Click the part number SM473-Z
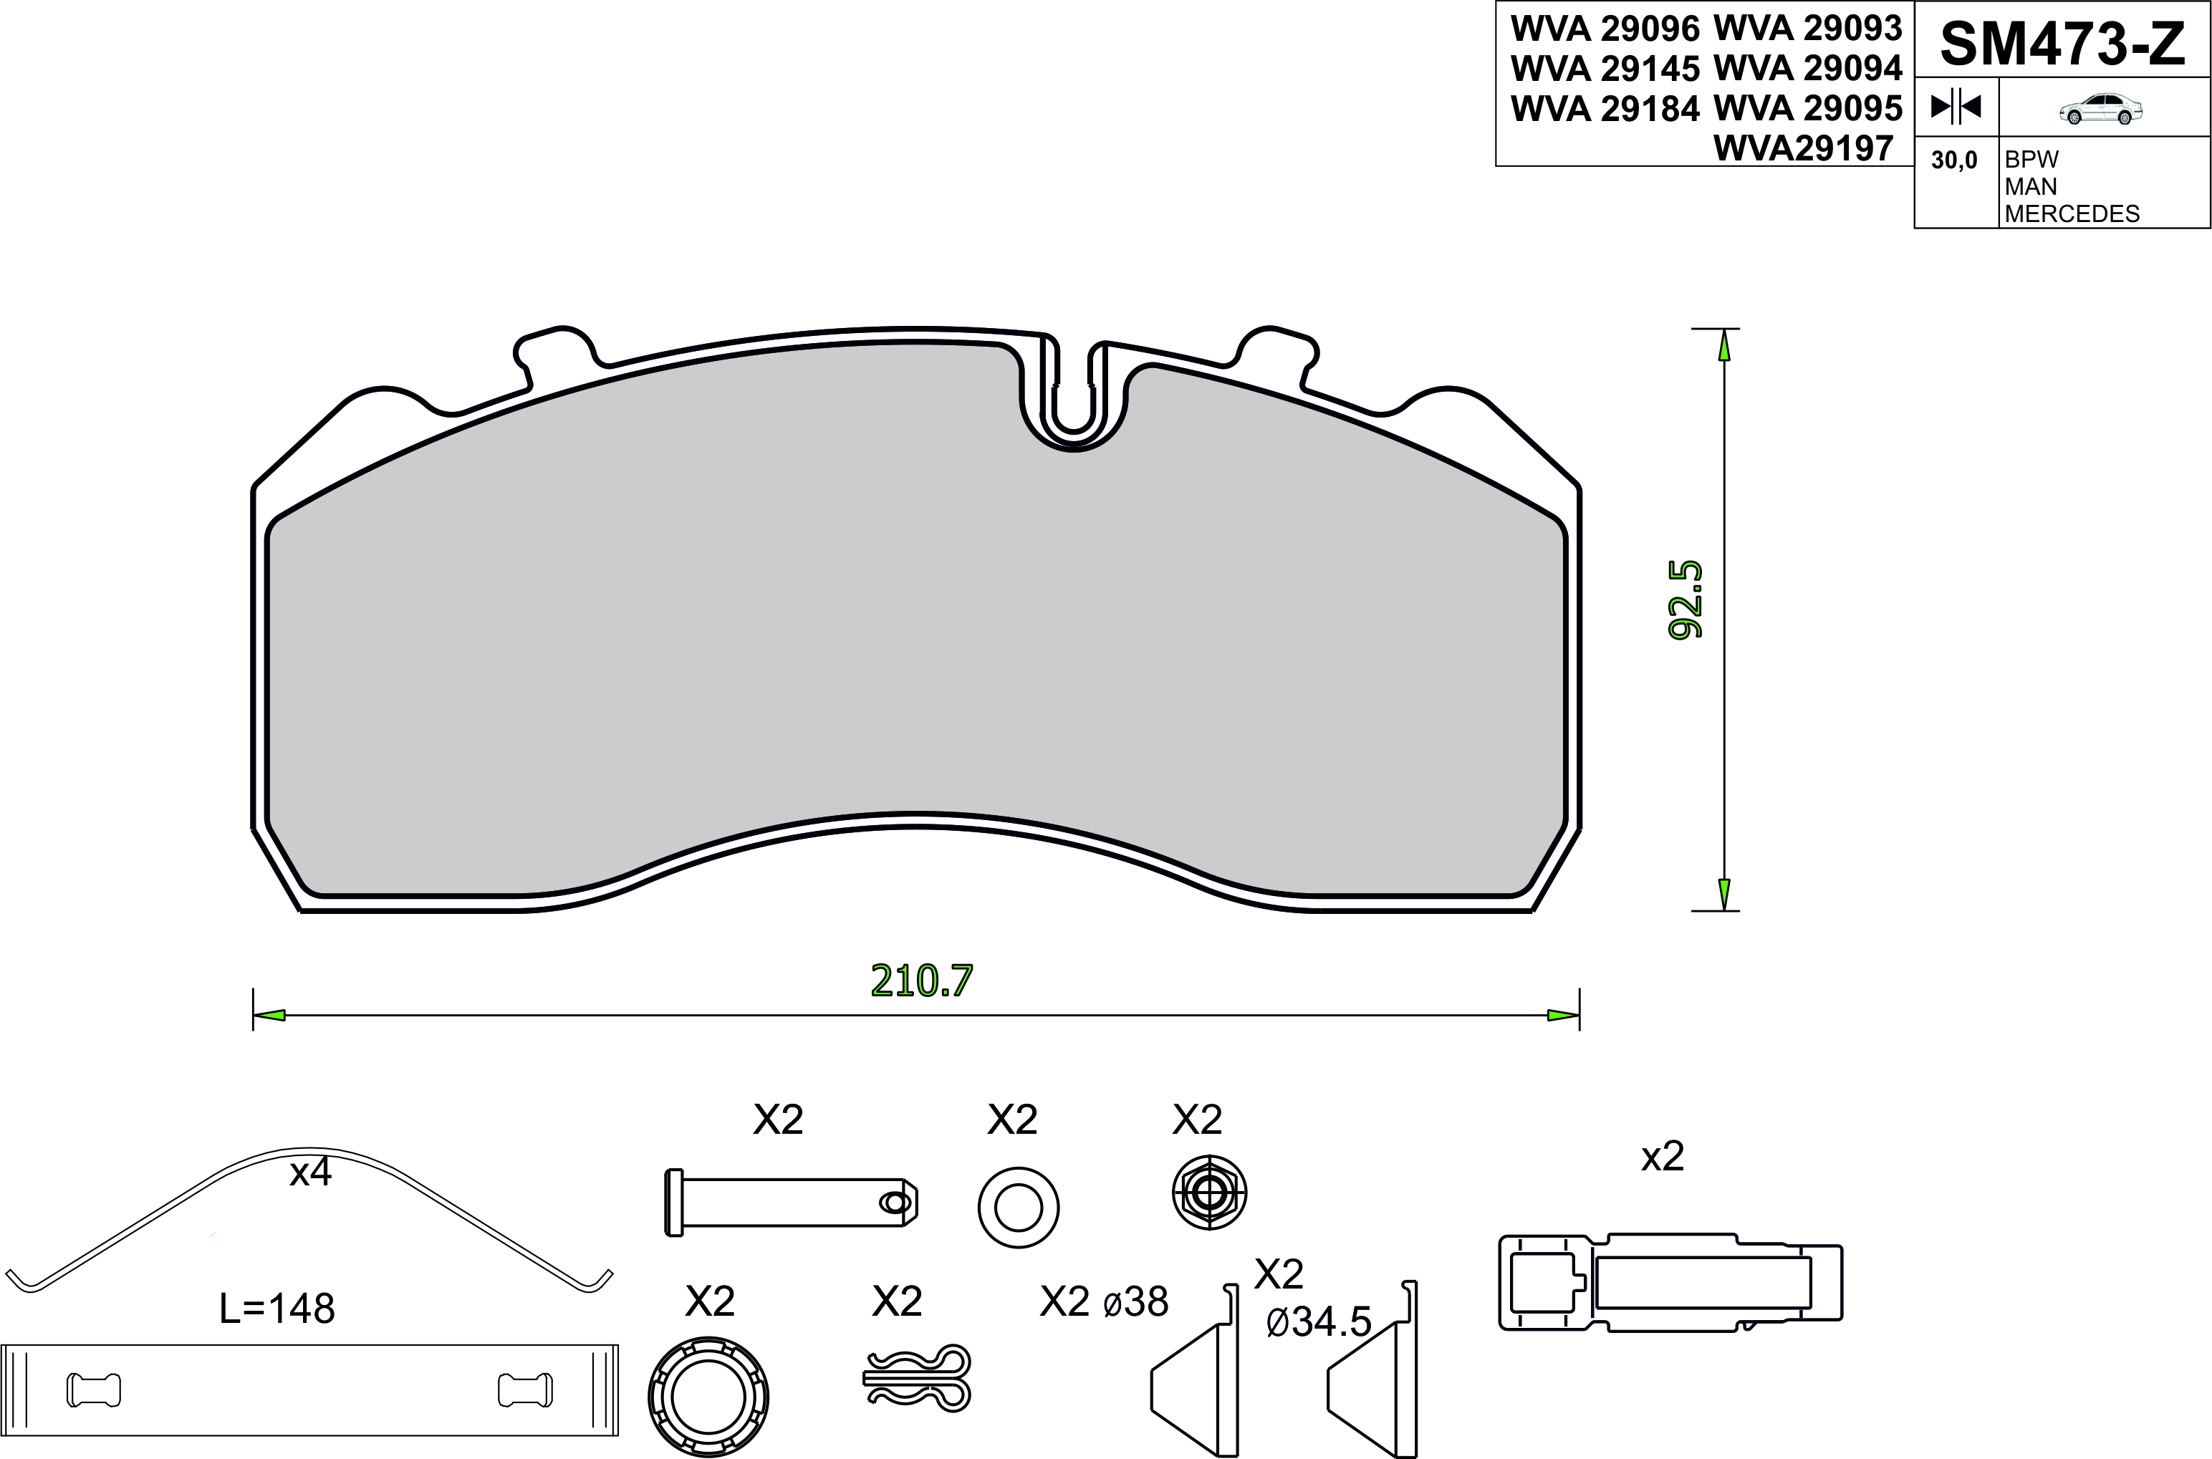click(x=2062, y=44)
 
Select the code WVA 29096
click(x=1605, y=29)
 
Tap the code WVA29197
click(x=1804, y=148)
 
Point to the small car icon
click(x=2101, y=109)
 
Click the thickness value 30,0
click(x=1954, y=160)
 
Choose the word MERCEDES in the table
click(x=2072, y=214)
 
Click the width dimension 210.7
click(x=921, y=981)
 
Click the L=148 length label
click(x=276, y=1309)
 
